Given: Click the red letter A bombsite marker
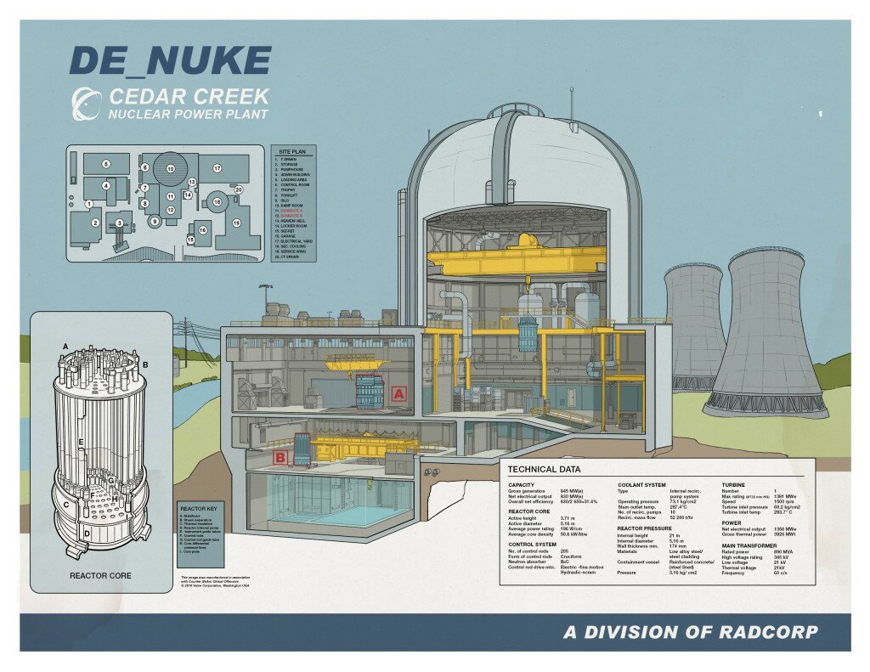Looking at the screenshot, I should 398,393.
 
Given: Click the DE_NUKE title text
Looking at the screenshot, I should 170,61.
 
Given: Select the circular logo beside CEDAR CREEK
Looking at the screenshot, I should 88,104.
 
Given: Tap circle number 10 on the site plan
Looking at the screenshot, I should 170,169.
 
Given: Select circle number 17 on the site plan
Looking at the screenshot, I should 217,169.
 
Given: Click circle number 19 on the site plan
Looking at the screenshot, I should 236,223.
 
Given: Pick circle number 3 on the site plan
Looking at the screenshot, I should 119,223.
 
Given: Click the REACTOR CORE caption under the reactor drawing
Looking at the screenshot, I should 101,576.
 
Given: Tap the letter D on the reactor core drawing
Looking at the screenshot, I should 87,534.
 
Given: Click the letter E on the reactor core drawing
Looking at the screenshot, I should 81,443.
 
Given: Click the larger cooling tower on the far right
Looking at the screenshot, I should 767,331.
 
